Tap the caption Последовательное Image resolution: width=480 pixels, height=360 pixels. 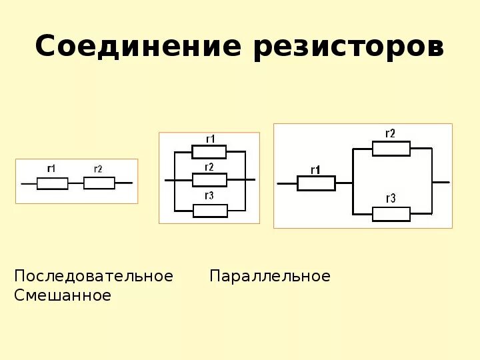point(93,276)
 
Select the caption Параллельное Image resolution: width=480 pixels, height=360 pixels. point(270,276)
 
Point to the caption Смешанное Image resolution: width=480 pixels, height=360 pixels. point(63,295)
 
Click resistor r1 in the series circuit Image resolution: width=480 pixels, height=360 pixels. point(52,183)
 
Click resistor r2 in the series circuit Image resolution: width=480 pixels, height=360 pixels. point(99,183)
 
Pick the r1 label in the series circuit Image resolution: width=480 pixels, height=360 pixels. point(51,169)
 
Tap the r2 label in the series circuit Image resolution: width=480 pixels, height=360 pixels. point(98,169)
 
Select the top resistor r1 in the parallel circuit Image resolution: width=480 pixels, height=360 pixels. point(209,152)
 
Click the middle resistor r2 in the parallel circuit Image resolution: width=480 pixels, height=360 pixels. point(209,180)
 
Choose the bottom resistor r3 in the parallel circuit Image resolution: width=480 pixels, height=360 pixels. point(209,211)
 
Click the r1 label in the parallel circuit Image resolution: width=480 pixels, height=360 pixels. point(210,139)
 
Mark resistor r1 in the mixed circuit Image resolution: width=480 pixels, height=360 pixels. point(315,183)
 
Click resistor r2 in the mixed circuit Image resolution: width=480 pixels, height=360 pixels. point(391,149)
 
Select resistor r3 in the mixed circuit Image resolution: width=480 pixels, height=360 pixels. point(391,213)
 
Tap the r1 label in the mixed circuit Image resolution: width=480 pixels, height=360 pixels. point(315,169)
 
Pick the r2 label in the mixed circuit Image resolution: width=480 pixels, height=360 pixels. point(390,133)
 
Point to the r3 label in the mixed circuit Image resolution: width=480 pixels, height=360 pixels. point(391,198)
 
